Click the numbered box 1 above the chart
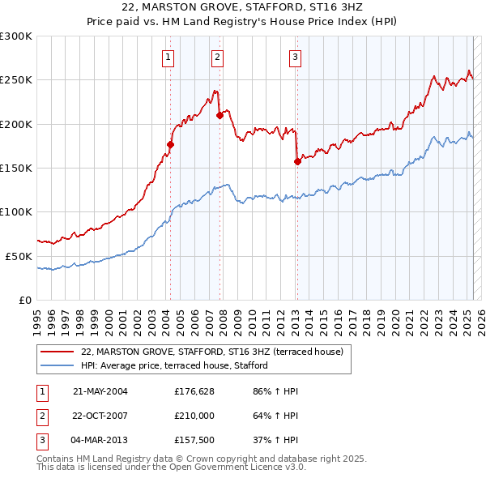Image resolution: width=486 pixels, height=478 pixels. pyautogui.click(x=168, y=57)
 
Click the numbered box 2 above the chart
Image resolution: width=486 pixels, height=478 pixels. pyautogui.click(x=218, y=57)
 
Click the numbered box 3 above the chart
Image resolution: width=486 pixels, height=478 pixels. pyautogui.click(x=296, y=57)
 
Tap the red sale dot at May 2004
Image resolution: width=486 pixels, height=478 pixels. pyautogui.click(x=171, y=144)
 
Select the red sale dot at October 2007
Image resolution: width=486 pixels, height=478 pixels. pyautogui.click(x=220, y=116)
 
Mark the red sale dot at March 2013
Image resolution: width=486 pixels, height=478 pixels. pyautogui.click(x=297, y=161)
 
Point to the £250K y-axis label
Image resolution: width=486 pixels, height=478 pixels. pyautogui.click(x=16, y=80)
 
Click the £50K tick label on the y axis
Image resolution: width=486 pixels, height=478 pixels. pyautogui.click(x=19, y=256)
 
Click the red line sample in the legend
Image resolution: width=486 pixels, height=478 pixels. pyautogui.click(x=58, y=352)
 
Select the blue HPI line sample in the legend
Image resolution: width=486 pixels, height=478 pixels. pyautogui.click(x=58, y=366)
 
